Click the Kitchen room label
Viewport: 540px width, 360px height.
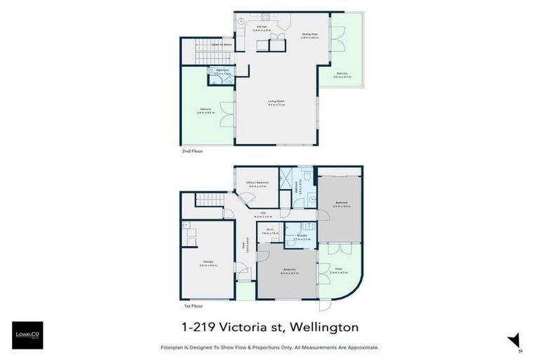[261, 27]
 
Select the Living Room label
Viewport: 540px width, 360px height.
[276, 103]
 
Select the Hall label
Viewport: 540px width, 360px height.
[263, 213]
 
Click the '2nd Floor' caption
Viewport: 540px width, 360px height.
[191, 150]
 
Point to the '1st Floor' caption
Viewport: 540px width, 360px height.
[191, 307]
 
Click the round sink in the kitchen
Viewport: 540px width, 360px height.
[240, 20]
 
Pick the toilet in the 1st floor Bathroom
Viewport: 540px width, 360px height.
[307, 176]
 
